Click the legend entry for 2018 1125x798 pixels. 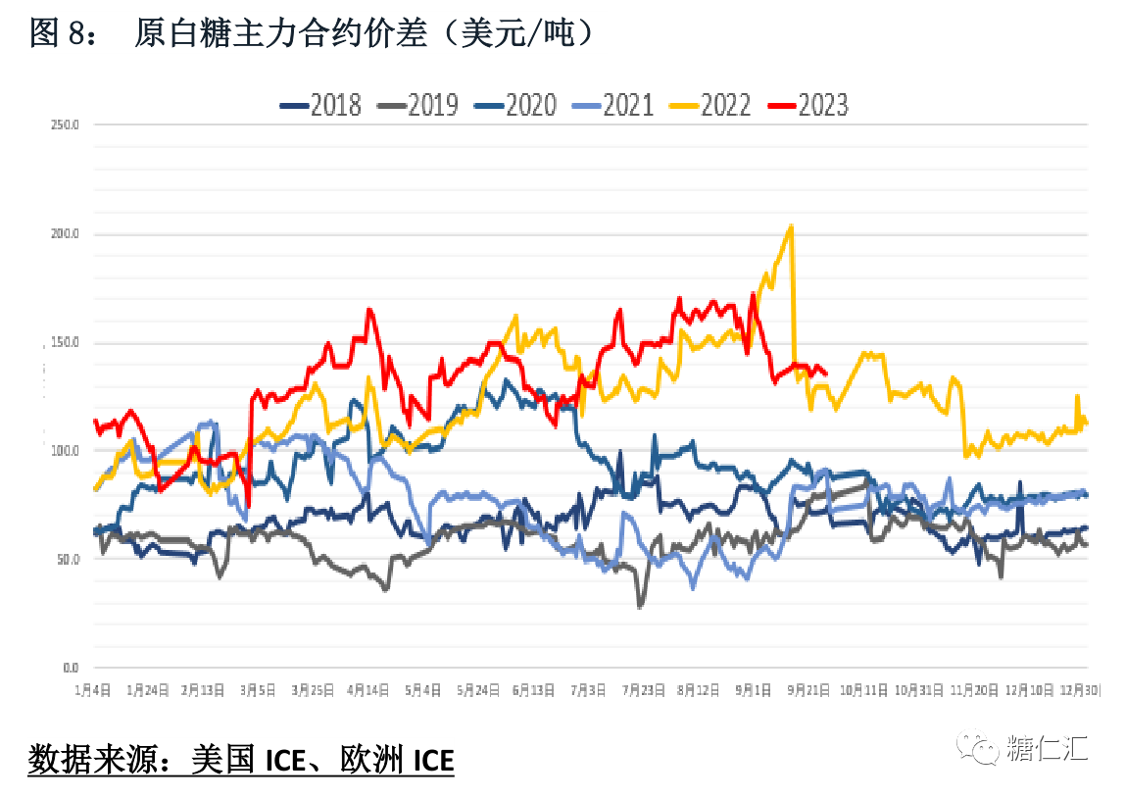point(320,105)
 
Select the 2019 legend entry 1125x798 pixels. point(418,105)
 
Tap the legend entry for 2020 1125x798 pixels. point(515,105)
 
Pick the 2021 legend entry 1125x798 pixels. point(613,105)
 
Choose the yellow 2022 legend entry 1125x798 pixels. point(710,105)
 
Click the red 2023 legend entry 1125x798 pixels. point(808,105)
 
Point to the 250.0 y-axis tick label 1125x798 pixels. point(64,125)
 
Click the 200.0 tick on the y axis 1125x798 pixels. point(64,234)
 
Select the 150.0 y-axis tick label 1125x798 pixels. point(64,343)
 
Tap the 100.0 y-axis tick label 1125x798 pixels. point(64,451)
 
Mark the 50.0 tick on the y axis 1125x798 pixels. point(66,560)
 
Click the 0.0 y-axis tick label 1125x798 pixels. point(68,668)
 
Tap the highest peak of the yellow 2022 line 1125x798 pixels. point(790,226)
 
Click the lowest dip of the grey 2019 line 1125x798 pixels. point(641,607)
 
